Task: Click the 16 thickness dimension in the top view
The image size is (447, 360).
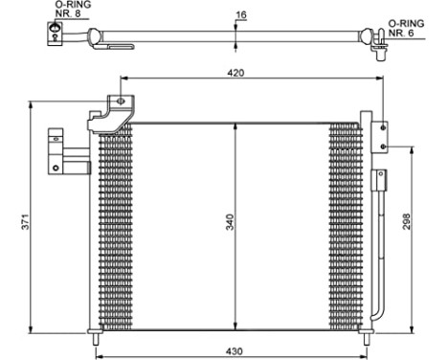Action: point(241,15)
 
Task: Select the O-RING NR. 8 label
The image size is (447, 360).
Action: point(58,10)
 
